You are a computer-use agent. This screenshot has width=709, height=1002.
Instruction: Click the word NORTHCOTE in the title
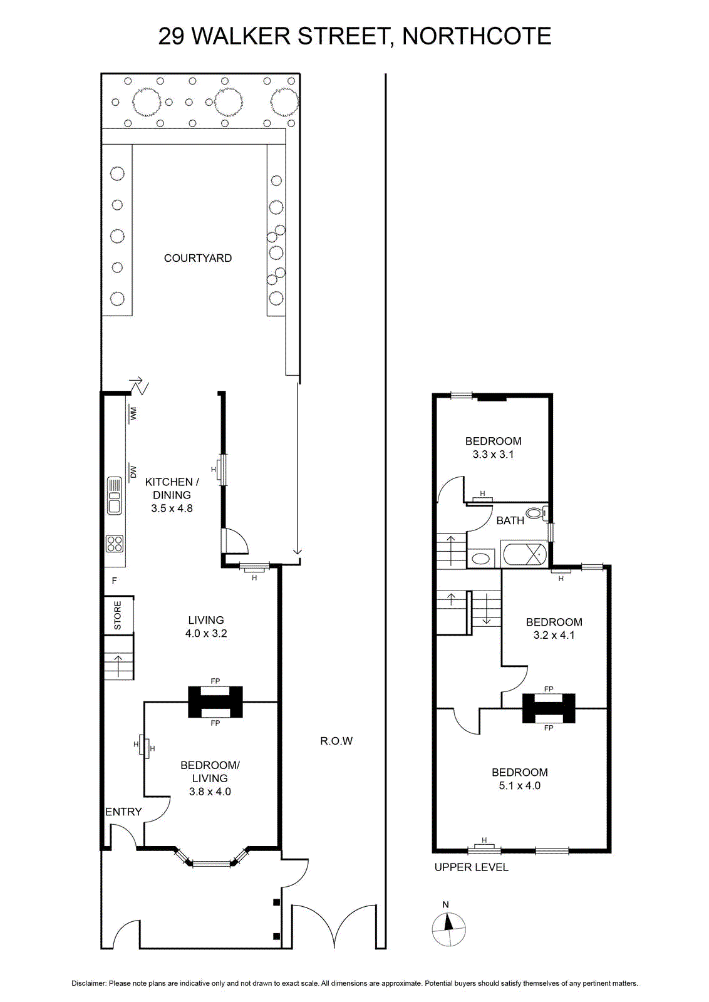pyautogui.click(x=477, y=36)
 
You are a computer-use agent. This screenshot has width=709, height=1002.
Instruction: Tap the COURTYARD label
pyautogui.click(x=198, y=258)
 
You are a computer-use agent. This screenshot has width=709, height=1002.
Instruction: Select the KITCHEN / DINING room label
pyautogui.click(x=172, y=488)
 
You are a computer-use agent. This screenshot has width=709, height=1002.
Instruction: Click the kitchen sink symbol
pyautogui.click(x=115, y=495)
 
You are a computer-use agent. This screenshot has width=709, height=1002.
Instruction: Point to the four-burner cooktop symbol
pyautogui.click(x=115, y=544)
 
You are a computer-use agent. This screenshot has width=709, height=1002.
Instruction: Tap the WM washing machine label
pyautogui.click(x=133, y=414)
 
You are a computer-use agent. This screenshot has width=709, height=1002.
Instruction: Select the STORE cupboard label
pyautogui.click(x=118, y=616)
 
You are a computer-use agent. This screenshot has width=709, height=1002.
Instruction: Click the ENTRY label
pyautogui.click(x=123, y=812)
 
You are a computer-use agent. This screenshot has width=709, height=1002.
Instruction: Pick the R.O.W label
pyautogui.click(x=336, y=741)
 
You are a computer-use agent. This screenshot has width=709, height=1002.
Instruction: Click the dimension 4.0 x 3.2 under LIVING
pyautogui.click(x=206, y=633)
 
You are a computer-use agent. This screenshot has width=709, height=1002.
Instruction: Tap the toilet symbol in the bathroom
pyautogui.click(x=537, y=512)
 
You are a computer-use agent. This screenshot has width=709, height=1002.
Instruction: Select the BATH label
pyautogui.click(x=510, y=520)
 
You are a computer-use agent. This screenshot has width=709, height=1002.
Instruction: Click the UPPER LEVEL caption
pyautogui.click(x=472, y=867)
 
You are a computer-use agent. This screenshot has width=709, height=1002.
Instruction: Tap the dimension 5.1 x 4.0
pyautogui.click(x=520, y=785)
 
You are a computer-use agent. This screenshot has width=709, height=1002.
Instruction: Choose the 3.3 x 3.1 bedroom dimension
pyautogui.click(x=494, y=454)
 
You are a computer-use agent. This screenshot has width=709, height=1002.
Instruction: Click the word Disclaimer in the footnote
pyautogui.click(x=89, y=983)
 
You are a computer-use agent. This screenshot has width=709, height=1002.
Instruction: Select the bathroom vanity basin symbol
pyautogui.click(x=481, y=559)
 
